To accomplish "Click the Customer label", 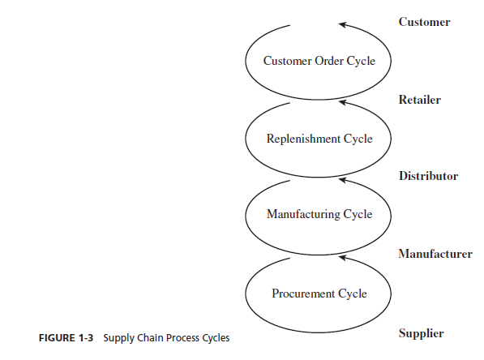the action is point(425,22).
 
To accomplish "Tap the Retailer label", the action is point(420,100).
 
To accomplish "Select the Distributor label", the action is point(428,176).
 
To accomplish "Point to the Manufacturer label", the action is point(435,254).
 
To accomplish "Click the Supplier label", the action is point(421,333).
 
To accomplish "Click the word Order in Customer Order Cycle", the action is point(329,61).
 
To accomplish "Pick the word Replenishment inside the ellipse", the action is point(303,139).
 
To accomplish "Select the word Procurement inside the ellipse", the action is point(303,294).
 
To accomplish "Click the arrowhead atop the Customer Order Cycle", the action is point(342,24).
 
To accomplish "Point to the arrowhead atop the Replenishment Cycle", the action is point(342,102).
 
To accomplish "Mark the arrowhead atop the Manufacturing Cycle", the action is point(342,179).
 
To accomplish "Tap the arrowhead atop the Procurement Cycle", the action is point(342,257).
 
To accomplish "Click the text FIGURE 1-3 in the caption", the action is point(66,338).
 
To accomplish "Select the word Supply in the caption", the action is point(119,338).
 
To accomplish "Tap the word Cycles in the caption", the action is point(216,338).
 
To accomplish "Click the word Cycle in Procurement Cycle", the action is point(353,294).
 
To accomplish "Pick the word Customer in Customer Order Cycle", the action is point(287,61).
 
